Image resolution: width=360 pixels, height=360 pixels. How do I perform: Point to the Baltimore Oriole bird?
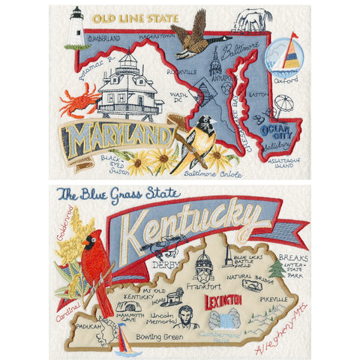coord(197,142)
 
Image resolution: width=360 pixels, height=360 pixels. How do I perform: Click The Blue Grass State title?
coord(118,194)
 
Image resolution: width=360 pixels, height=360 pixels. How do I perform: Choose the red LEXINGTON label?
coord(227,303)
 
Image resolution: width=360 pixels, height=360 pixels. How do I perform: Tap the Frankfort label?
coord(205,286)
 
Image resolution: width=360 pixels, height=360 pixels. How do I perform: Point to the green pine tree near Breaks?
coord(279,268)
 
